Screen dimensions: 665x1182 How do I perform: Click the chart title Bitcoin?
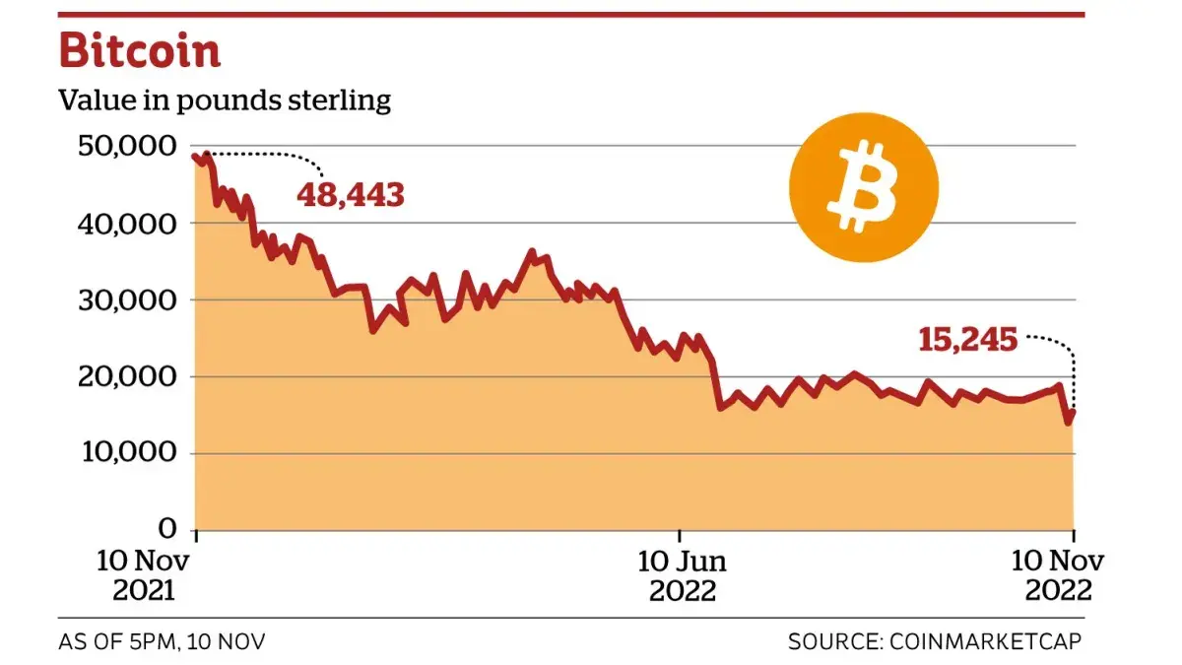tap(140, 51)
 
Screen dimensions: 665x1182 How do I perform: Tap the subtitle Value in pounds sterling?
tap(225, 100)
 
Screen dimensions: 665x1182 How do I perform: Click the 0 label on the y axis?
tap(166, 530)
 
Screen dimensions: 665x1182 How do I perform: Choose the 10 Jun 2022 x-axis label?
tap(682, 575)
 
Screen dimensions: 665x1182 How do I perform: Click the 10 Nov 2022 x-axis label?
tap(1058, 575)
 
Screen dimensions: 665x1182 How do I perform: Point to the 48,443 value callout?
tap(351, 194)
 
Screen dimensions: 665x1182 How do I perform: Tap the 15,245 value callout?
tap(967, 340)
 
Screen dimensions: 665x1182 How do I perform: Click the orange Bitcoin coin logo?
tap(863, 187)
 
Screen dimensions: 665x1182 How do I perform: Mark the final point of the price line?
tap(1073, 413)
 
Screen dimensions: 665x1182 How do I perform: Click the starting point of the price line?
tap(196, 156)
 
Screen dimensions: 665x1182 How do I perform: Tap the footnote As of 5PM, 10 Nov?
tap(162, 641)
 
